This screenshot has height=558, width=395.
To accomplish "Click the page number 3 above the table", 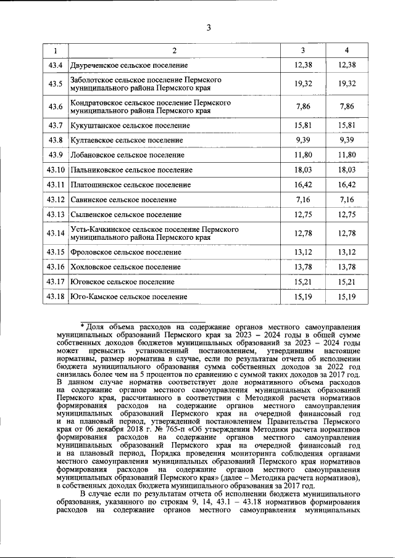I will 209,27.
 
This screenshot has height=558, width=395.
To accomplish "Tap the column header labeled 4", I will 347,50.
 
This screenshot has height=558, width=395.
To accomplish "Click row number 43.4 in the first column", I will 55,65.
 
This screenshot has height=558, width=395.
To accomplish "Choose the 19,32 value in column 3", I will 303,84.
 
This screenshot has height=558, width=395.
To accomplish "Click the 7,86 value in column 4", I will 347,107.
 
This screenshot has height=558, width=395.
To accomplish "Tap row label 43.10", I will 55,170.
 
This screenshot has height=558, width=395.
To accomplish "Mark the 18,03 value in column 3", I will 303,170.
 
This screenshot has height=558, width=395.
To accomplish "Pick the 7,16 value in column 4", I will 347,200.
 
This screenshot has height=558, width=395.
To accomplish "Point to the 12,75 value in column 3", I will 303,215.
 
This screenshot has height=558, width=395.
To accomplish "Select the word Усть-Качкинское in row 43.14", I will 101,229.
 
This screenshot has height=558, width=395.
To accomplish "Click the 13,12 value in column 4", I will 347,252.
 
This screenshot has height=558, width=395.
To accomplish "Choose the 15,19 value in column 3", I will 303,297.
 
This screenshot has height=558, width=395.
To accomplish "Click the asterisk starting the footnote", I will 82,324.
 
